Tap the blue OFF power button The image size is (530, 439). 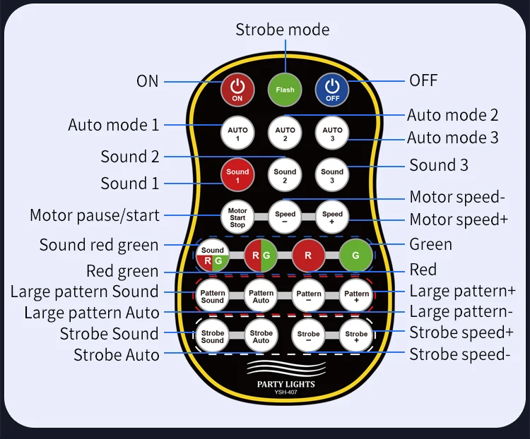coord(332,90)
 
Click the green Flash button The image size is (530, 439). coord(285,90)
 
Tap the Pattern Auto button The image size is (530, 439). coord(261,296)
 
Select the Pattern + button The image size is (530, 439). coord(356,296)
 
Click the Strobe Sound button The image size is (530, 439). coord(212,336)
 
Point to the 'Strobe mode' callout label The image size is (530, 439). coord(282,30)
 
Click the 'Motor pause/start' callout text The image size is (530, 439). coord(95,215)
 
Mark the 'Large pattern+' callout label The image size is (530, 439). coord(462,291)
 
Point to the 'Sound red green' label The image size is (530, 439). coord(99,245)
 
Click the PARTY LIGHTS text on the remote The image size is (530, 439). coord(285,385)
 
